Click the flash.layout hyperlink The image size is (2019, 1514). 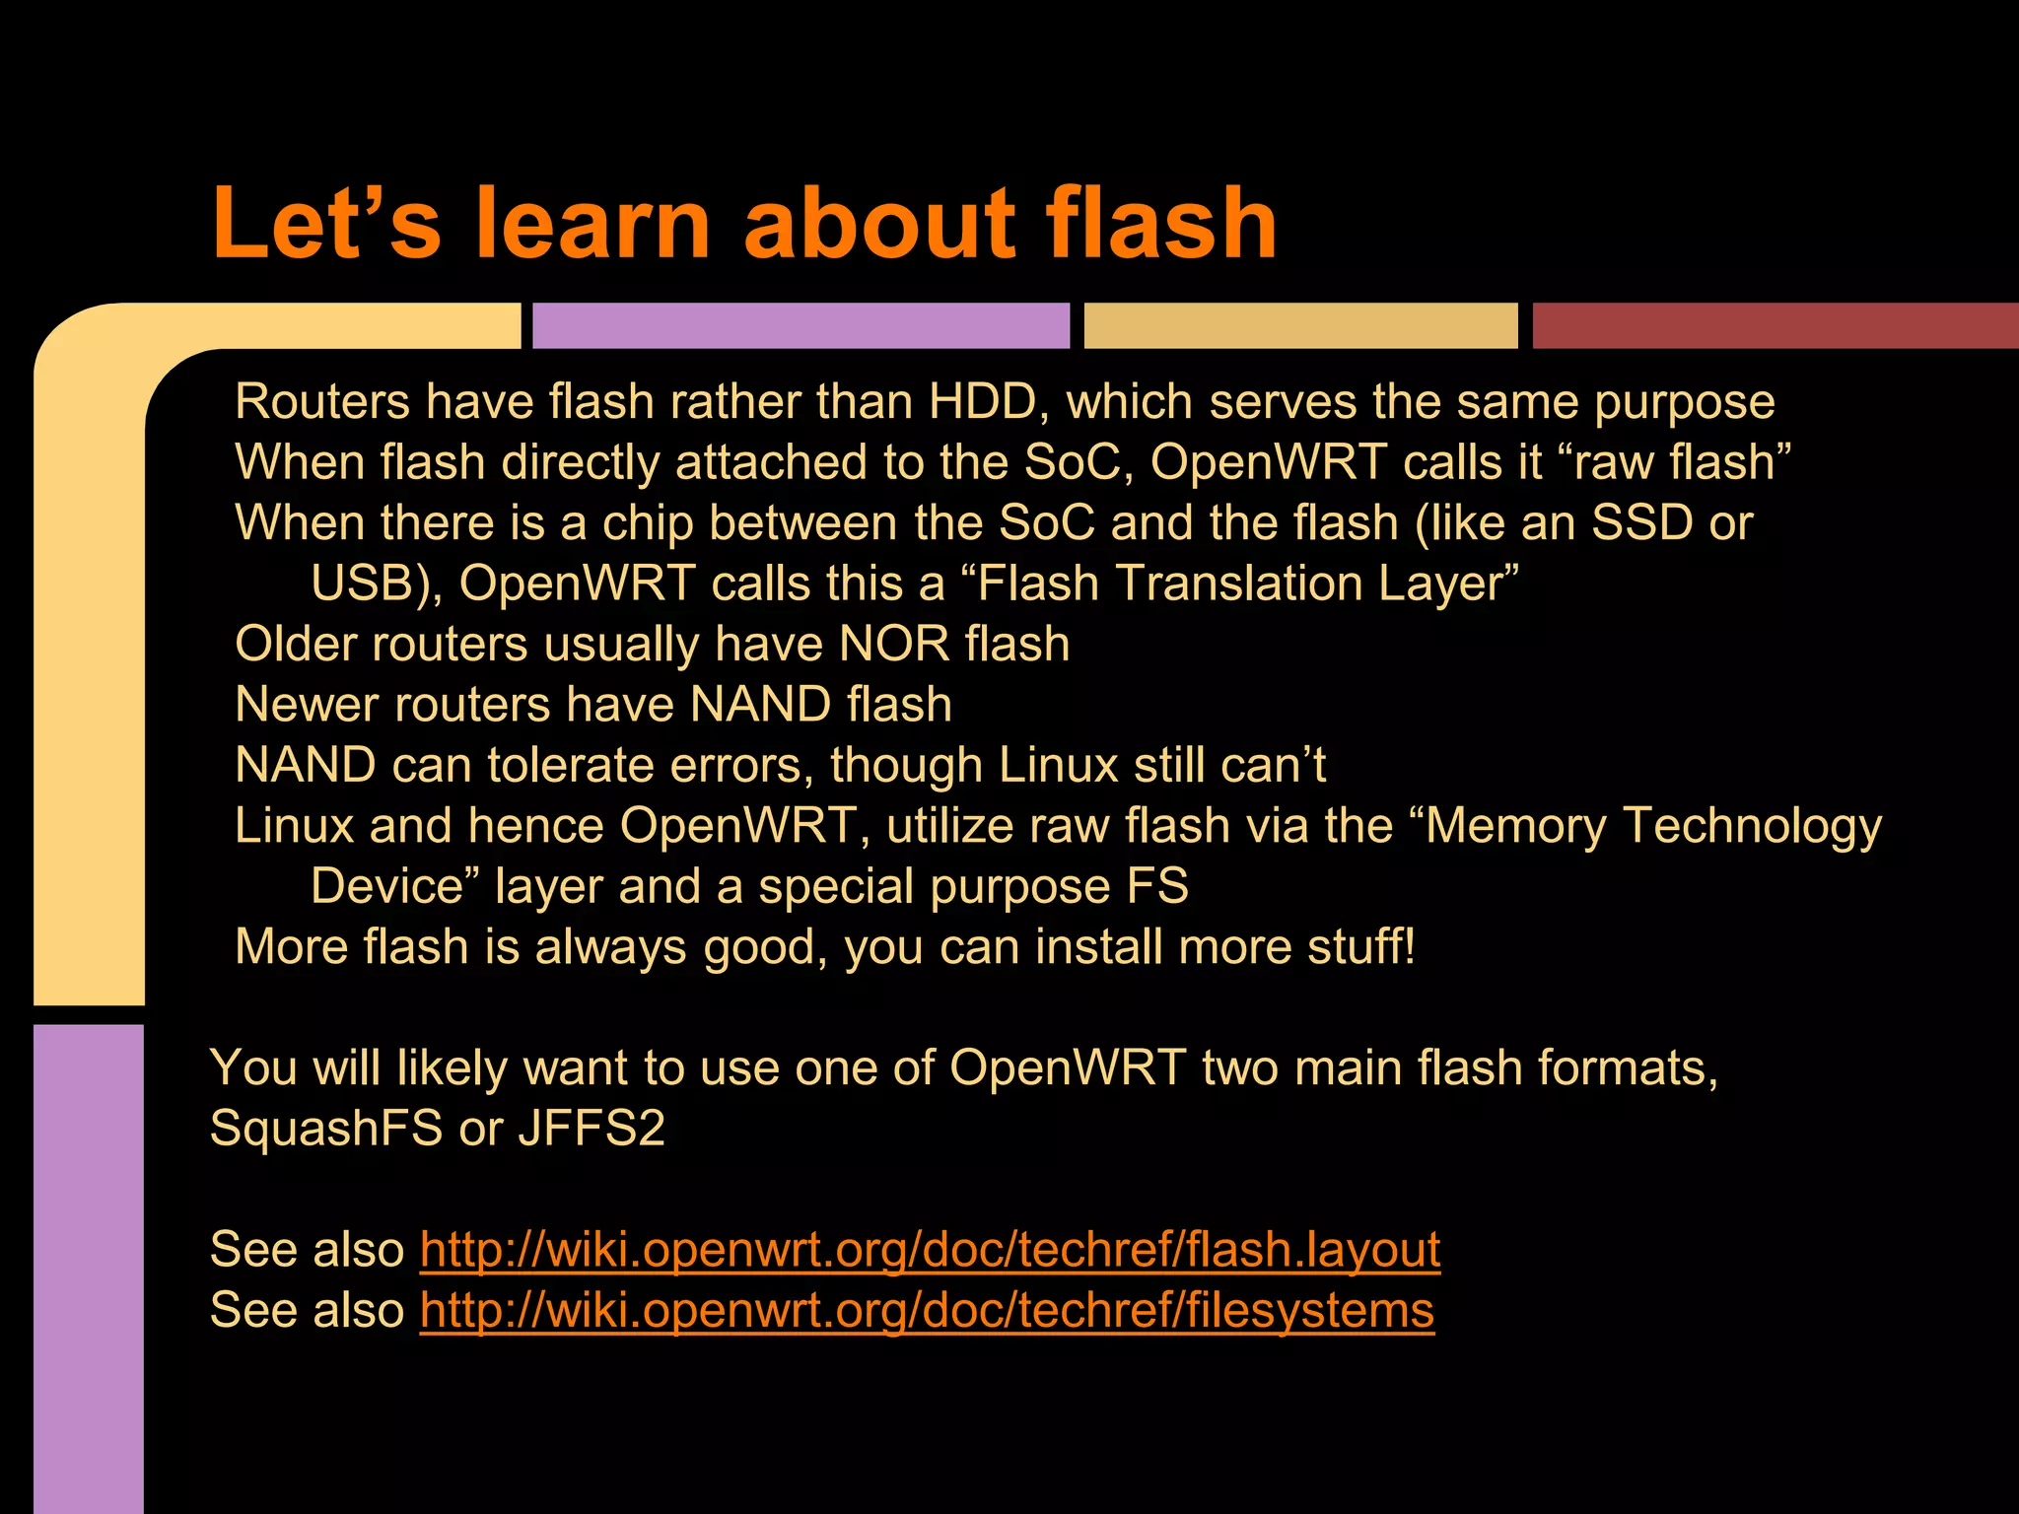pyautogui.click(x=930, y=1249)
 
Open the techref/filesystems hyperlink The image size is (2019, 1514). pyautogui.click(x=927, y=1310)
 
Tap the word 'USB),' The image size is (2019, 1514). pyautogui.click(x=377, y=584)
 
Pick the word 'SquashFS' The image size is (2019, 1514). pyautogui.click(x=326, y=1128)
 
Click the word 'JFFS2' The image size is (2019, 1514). pyautogui.click(x=592, y=1128)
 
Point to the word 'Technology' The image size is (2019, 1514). pyautogui.click(x=1752, y=826)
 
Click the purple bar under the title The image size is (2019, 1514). pyautogui.click(x=801, y=325)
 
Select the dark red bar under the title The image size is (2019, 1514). pyautogui.click(x=1775, y=325)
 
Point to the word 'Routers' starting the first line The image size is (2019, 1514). pyautogui.click(x=322, y=402)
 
